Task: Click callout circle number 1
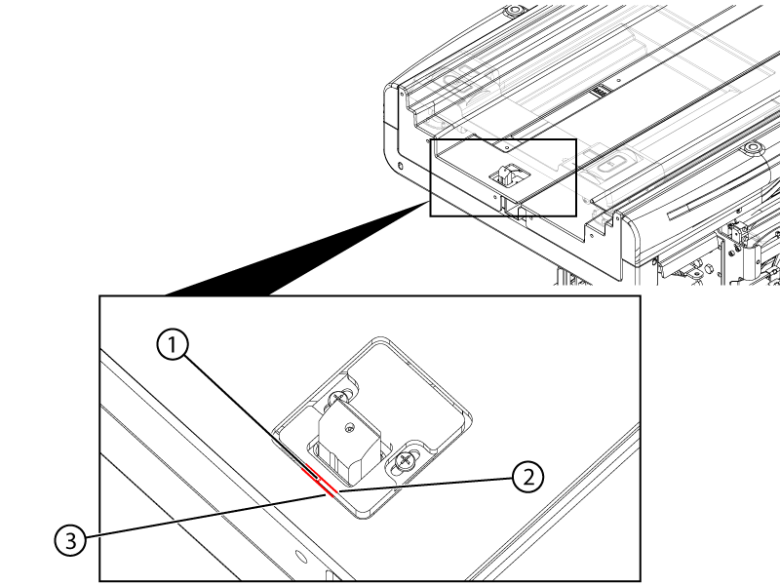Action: (173, 345)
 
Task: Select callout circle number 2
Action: (527, 477)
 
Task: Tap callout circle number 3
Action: (70, 540)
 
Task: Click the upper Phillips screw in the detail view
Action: (338, 398)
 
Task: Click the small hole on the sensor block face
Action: (350, 427)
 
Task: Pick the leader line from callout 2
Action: (425, 485)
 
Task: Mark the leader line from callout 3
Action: (205, 516)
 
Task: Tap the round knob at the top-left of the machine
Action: (514, 11)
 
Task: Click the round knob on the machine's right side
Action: (751, 149)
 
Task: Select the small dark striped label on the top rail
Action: (601, 92)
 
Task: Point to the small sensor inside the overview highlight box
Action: (507, 175)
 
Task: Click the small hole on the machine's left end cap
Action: (401, 167)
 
